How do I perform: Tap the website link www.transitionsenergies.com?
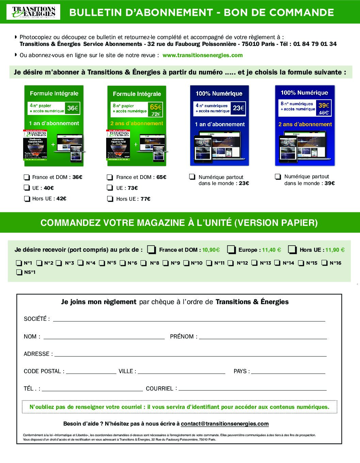point(202,55)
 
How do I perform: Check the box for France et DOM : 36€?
point(27,177)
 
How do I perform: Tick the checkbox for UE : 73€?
point(110,188)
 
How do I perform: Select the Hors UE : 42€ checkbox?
point(27,199)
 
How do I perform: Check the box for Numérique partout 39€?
point(278,177)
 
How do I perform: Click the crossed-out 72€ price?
point(156,114)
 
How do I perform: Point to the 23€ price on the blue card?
point(239,108)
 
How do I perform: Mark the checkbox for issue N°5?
point(102,263)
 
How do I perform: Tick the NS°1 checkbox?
point(19,272)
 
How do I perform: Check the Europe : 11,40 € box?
point(231,250)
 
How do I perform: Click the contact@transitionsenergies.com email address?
point(225,424)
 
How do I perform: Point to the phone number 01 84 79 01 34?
point(314,44)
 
